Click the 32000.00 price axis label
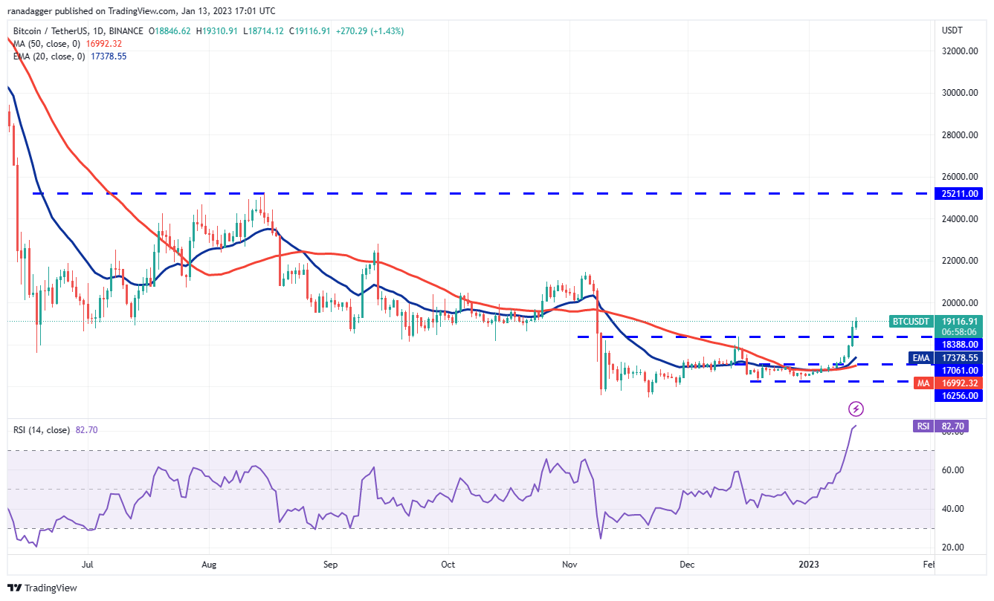pyautogui.click(x=958, y=51)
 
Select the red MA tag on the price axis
pyautogui.click(x=922, y=383)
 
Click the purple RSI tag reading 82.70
pyautogui.click(x=923, y=426)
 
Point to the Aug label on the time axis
pyautogui.click(x=209, y=565)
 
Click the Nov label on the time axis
pyautogui.click(x=569, y=565)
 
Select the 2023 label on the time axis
pyautogui.click(x=809, y=565)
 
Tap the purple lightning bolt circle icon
pyautogui.click(x=856, y=409)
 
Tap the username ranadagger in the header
pyautogui.click(x=37, y=10)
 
